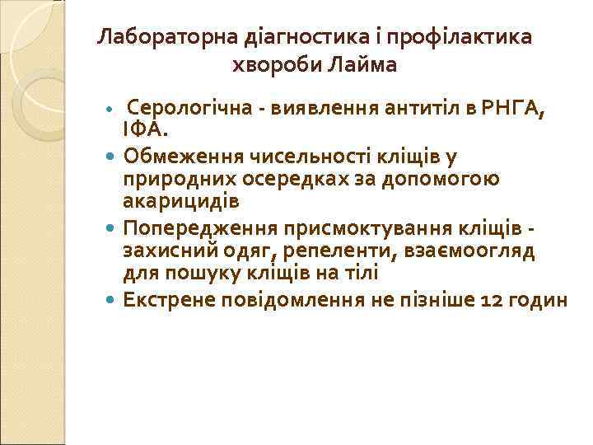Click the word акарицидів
181,200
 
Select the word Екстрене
167,298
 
